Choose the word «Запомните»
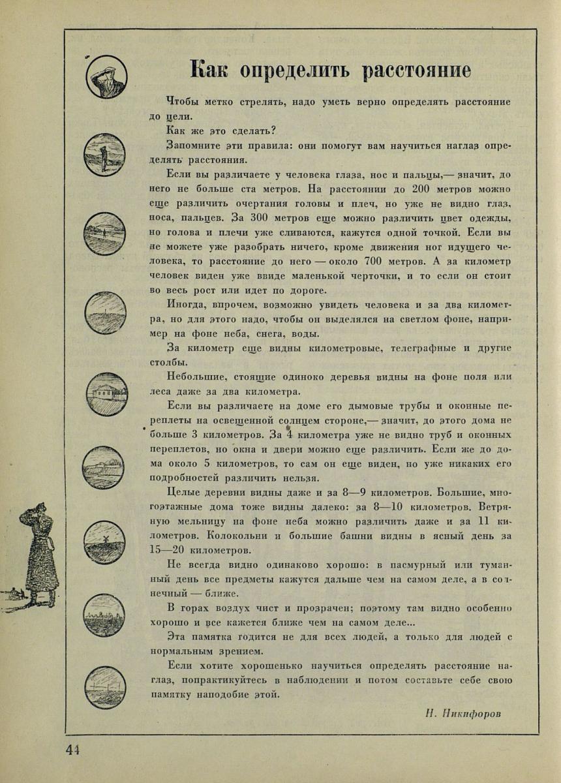click(191, 145)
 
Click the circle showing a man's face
click(106, 77)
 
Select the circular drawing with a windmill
click(104, 542)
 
